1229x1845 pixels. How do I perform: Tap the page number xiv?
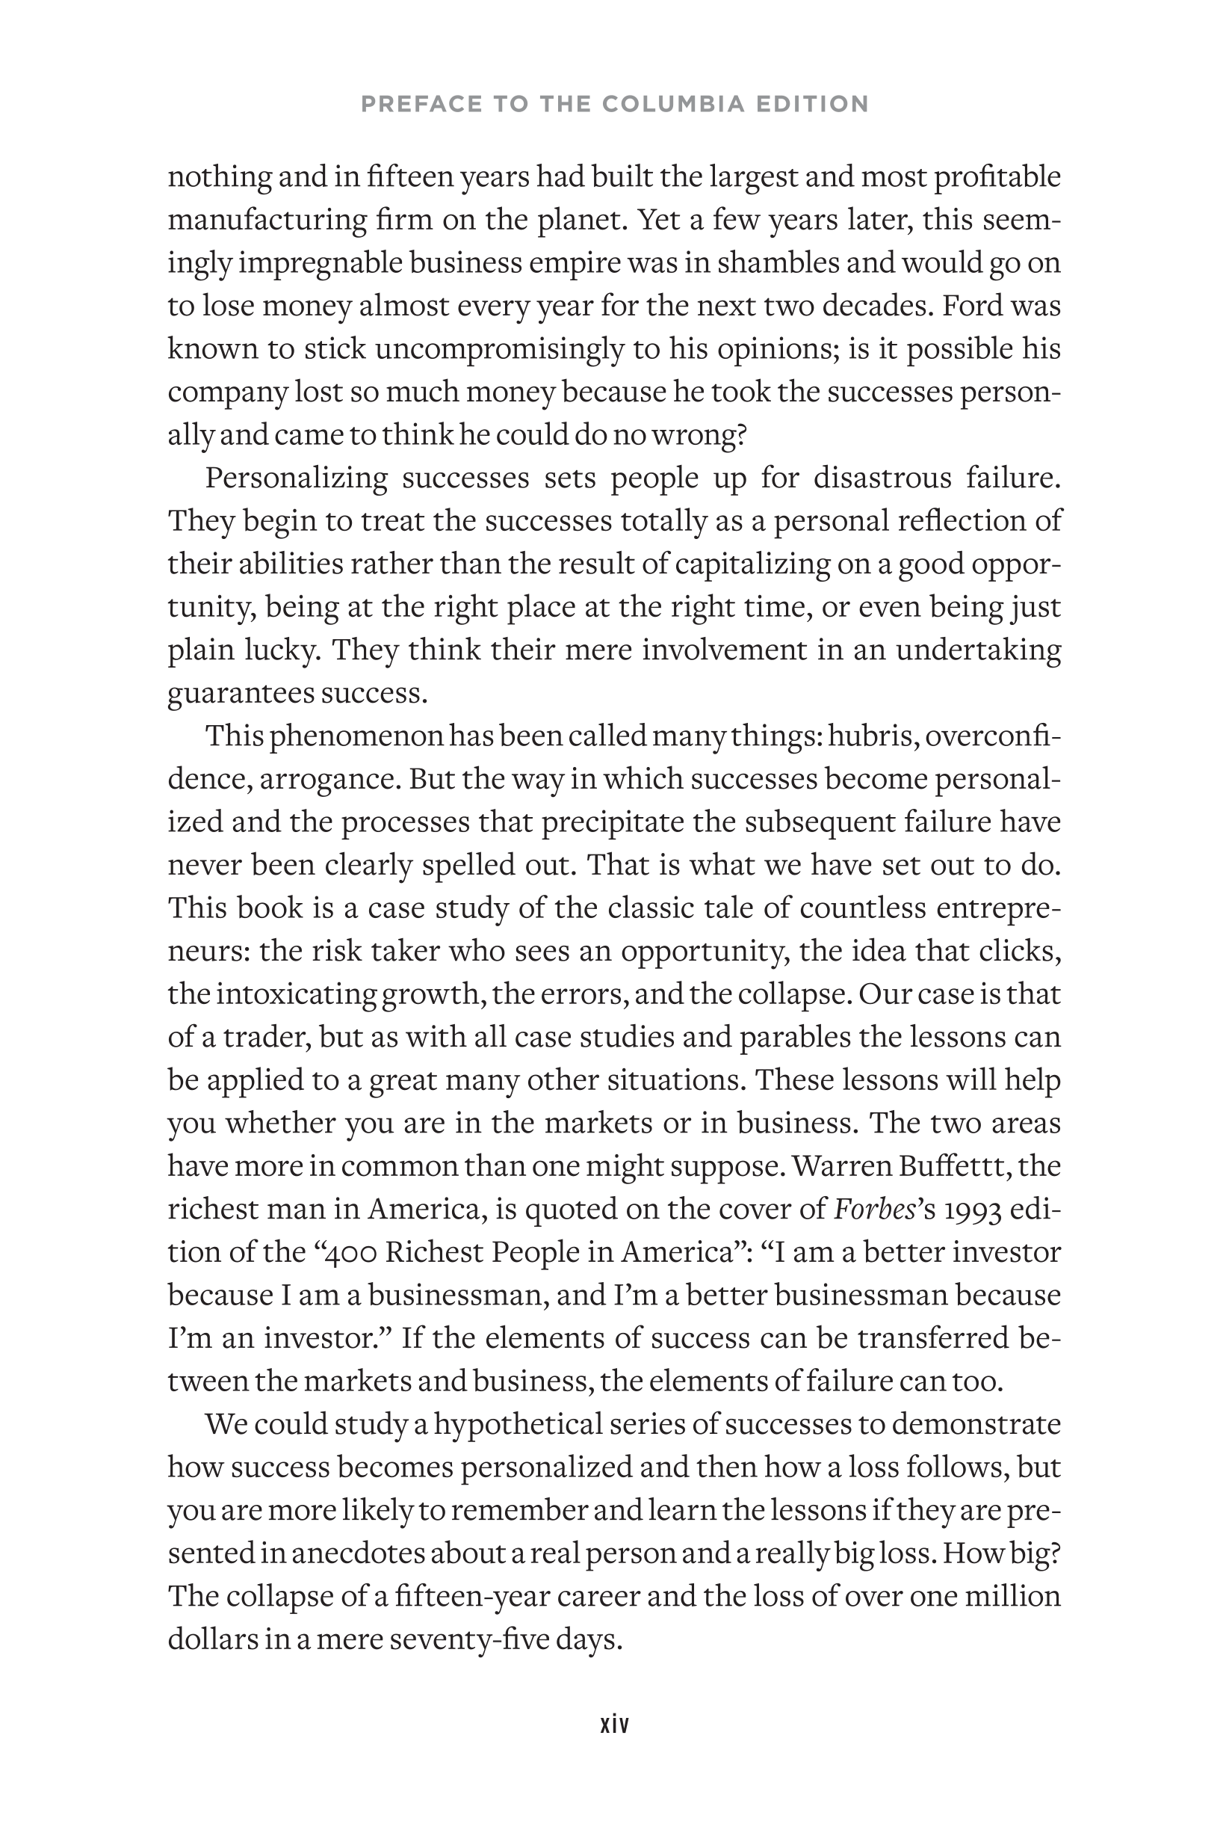tap(614, 1724)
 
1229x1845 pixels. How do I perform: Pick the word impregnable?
tap(321, 262)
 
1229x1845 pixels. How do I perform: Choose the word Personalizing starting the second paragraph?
tap(297, 478)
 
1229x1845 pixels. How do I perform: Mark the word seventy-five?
tap(469, 1639)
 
